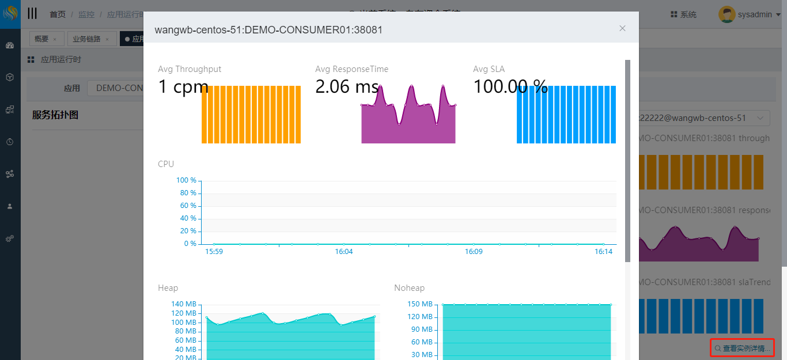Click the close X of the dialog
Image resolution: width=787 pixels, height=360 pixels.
[x=622, y=28]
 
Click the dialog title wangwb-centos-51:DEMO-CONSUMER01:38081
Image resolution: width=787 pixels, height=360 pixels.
[x=268, y=29]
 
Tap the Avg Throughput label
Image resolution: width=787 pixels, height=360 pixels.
[x=190, y=69]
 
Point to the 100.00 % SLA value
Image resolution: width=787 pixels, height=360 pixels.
[x=510, y=87]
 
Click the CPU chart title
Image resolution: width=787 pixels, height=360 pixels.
[x=166, y=164]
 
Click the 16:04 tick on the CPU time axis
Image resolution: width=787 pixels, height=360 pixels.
[x=344, y=252]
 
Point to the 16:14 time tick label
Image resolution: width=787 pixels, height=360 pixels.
[x=603, y=252]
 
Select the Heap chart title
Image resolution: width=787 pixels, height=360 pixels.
[x=168, y=288]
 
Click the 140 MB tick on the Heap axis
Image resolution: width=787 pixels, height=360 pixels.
[x=184, y=304]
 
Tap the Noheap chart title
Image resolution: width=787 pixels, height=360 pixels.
[x=409, y=288]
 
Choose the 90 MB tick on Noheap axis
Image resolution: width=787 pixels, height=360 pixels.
[x=422, y=329]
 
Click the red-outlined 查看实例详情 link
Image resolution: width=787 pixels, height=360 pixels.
[x=742, y=348]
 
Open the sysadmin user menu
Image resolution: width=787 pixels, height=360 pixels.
[x=750, y=14]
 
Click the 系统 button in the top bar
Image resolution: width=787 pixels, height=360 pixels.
[x=684, y=14]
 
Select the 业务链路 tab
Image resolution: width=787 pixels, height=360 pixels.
[x=86, y=39]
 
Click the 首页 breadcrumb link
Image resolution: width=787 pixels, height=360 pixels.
[x=58, y=14]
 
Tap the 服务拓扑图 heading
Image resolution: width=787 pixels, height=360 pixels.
[x=55, y=115]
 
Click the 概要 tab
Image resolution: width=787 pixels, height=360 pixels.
[x=41, y=39]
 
